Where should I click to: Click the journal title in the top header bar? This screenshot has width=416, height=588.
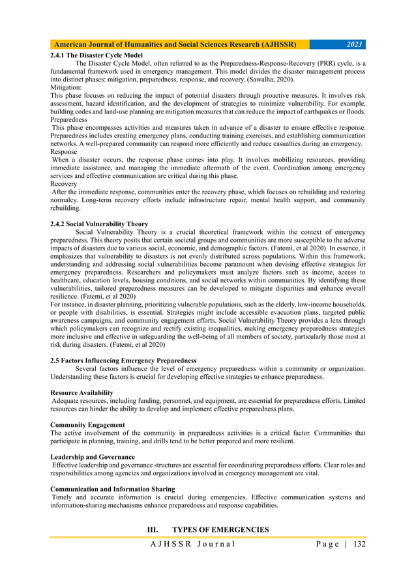175,45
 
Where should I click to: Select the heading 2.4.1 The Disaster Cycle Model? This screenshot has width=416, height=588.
96,55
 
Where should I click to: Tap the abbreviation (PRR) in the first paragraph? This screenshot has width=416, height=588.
313,64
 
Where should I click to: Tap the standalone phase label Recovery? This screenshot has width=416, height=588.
63,184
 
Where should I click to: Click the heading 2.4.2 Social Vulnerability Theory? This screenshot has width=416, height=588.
98,224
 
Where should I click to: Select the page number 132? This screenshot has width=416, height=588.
357,544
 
